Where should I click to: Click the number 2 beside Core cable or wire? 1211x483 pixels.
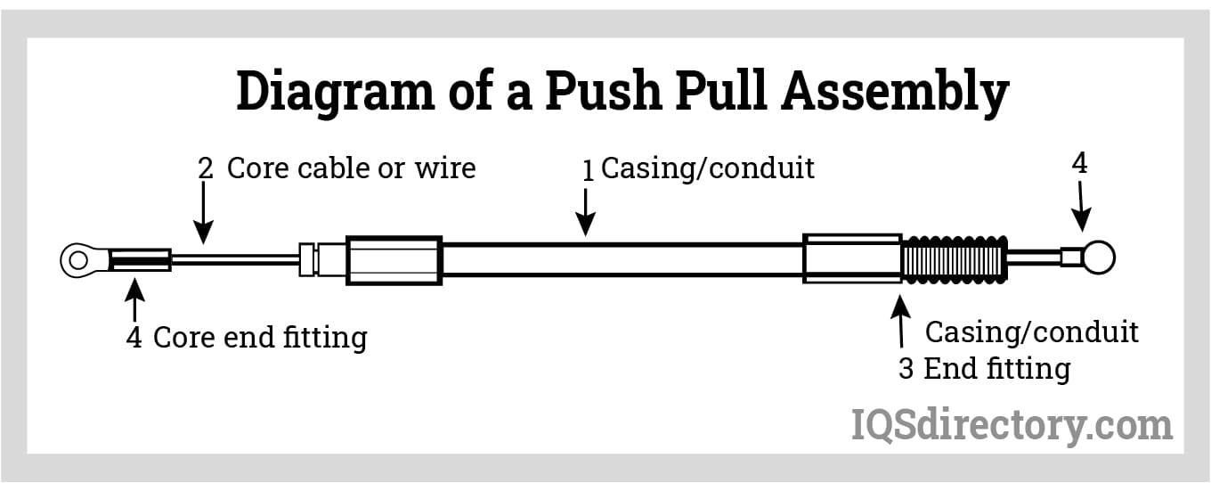[x=206, y=168]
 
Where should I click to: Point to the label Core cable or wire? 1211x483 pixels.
[x=351, y=168]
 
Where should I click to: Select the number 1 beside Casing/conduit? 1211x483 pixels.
[x=588, y=170]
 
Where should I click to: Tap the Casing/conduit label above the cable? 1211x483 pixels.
[x=708, y=168]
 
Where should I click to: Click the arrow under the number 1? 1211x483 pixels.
[x=586, y=214]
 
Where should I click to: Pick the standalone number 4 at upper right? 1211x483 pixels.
[x=1079, y=163]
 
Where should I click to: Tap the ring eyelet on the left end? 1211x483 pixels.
[x=78, y=260]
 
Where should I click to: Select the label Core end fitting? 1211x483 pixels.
[x=260, y=338]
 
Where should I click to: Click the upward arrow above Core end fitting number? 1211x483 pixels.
[x=134, y=299]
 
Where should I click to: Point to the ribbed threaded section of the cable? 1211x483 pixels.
[x=954, y=259]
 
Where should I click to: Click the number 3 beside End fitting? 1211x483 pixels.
[x=906, y=369]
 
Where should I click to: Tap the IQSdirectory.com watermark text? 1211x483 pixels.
[x=1012, y=424]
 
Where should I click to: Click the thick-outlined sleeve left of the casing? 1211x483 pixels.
[x=394, y=260]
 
